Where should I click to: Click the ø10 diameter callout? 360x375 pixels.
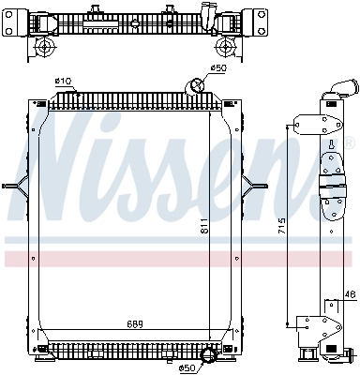[64, 81]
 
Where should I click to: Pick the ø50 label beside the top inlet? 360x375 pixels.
[218, 68]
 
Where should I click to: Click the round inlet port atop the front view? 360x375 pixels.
[198, 86]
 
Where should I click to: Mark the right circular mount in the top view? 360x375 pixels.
[225, 47]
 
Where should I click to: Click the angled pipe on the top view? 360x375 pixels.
[209, 19]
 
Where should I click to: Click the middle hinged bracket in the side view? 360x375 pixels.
[332, 187]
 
